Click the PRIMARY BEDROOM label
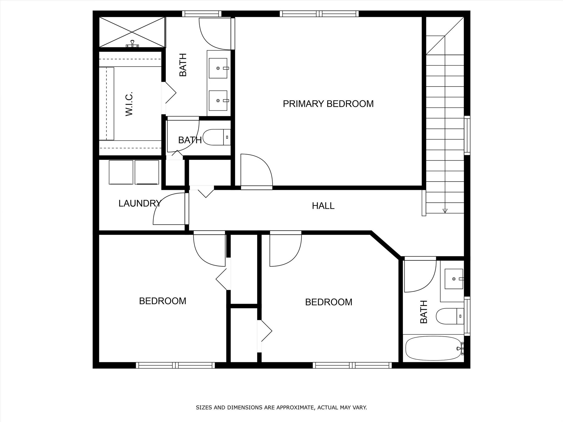point(328,104)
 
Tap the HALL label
point(323,206)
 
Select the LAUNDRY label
point(140,204)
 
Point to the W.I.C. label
point(129,104)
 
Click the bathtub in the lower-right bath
point(434,348)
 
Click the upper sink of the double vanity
point(218,68)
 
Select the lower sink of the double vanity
point(218,101)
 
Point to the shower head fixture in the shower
point(133,44)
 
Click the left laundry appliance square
point(121,172)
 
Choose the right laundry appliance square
point(147,172)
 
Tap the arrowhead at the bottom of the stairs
point(445,211)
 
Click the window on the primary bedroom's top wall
point(319,14)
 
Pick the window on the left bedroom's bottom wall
point(175,365)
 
